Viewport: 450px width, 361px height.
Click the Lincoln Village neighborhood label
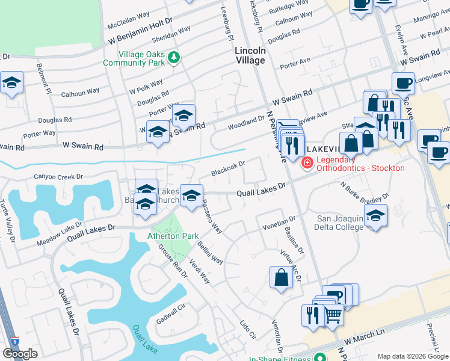pyautogui.click(x=250, y=56)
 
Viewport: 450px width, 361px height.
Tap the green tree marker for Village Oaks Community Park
pyautogui.click(x=174, y=57)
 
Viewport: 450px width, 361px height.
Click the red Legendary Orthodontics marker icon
pyautogui.click(x=307, y=162)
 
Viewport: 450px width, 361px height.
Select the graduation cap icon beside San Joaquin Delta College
pyautogui.click(x=376, y=217)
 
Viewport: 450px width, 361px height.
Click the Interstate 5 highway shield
pyautogui.click(x=14, y=341)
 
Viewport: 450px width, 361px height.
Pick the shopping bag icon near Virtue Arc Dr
pyautogui.click(x=282, y=278)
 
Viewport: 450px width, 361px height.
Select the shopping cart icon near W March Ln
pyautogui.click(x=333, y=313)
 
